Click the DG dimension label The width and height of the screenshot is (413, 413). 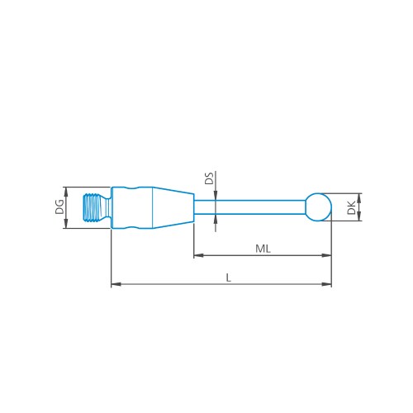pyautogui.click(x=59, y=206)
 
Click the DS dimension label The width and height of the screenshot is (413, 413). pyautogui.click(x=209, y=178)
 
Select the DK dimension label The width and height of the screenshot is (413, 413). pyautogui.click(x=352, y=206)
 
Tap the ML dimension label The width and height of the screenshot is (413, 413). pyautogui.click(x=262, y=248)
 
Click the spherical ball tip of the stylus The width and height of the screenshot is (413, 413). pyautogui.click(x=318, y=206)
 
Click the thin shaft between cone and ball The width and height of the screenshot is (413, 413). pyautogui.click(x=248, y=206)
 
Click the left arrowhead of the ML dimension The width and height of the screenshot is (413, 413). pyautogui.click(x=197, y=256)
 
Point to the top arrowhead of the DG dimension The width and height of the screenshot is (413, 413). pyautogui.click(x=66, y=189)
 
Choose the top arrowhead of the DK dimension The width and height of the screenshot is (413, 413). pyautogui.click(x=358, y=196)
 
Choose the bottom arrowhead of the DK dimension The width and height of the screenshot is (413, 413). pyautogui.click(x=358, y=218)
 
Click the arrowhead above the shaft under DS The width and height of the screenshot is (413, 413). pyautogui.click(x=215, y=197)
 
